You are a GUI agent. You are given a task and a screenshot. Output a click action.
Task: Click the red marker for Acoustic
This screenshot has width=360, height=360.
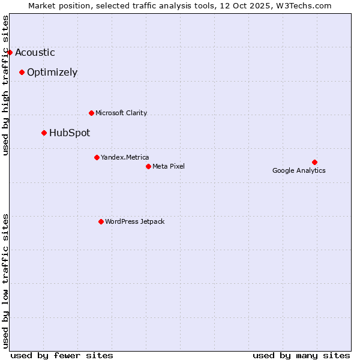[x=10, y=52]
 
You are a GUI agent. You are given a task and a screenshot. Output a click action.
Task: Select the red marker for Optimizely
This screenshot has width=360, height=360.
[x=22, y=72]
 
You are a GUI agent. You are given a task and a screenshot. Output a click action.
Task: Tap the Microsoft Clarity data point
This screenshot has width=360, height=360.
[x=91, y=113]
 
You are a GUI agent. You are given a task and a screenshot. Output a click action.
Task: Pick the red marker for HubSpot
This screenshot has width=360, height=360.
[x=44, y=133]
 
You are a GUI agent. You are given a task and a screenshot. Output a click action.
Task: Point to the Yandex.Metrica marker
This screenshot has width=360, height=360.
[x=97, y=157]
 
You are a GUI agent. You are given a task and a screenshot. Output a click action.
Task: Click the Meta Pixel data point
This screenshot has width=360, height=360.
[x=148, y=166]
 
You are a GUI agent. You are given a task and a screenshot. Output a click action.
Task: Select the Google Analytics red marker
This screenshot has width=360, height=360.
[x=314, y=162]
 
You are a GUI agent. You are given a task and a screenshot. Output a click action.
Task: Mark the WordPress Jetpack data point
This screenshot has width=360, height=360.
[x=101, y=221]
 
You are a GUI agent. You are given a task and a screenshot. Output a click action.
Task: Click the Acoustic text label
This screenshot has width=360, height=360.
[x=35, y=52]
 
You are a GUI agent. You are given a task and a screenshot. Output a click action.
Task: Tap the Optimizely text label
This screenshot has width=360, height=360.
[x=52, y=72]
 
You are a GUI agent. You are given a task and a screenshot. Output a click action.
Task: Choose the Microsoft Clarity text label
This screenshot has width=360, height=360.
[x=121, y=113]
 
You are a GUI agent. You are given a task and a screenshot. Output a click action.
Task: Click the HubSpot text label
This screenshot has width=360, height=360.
[x=70, y=133]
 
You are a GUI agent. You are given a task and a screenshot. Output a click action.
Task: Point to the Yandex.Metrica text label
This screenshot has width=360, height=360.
[x=125, y=157]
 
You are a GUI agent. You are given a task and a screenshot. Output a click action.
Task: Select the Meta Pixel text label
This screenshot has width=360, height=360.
[x=169, y=166]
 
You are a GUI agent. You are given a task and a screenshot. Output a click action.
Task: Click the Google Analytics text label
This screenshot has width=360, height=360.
[x=299, y=170]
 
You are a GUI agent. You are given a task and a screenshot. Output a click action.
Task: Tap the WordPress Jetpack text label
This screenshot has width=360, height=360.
[x=134, y=221]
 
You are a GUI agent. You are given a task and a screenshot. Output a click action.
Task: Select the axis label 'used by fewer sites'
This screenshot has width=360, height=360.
[x=62, y=355]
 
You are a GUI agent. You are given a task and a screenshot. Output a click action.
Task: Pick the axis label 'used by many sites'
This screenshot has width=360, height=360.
[x=301, y=355]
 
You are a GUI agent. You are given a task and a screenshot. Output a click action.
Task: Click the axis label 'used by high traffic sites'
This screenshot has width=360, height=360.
[x=6, y=85]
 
